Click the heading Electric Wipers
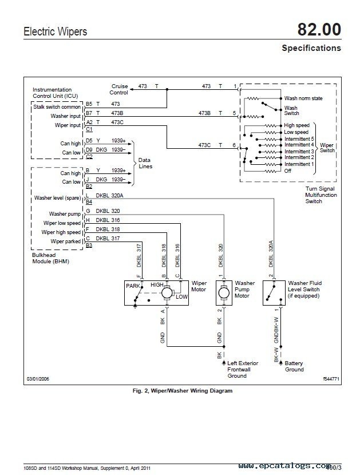(x=56, y=32)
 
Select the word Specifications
(x=311, y=48)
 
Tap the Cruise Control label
(x=118, y=89)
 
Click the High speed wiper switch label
(x=296, y=125)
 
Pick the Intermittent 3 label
(x=299, y=151)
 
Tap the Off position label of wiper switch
(x=288, y=171)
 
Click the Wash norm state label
(x=303, y=98)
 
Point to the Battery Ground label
(x=294, y=366)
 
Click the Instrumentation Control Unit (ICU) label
(x=52, y=93)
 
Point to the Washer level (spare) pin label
(x=57, y=198)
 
